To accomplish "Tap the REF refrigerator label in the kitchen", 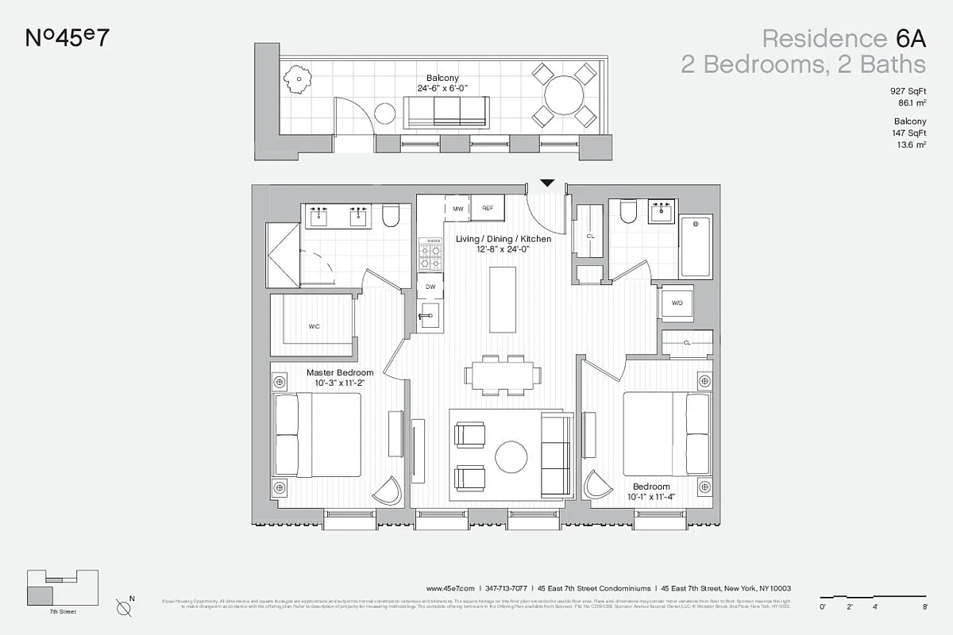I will point(488,208).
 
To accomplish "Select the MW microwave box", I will point(457,208).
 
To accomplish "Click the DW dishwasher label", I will point(430,287).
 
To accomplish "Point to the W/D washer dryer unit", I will point(677,302).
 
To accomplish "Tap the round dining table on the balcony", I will point(564,95).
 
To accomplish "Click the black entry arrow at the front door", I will point(546,183).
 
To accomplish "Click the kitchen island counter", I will point(501,300).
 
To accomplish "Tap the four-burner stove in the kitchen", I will point(430,254).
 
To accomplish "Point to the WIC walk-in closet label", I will point(314,326).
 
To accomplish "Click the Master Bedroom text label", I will point(340,372).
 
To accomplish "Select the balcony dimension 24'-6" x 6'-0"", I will point(442,88).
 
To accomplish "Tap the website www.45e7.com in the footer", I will point(450,588).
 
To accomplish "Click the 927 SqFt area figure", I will point(908,92).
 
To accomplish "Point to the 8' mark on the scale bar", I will point(925,606).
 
